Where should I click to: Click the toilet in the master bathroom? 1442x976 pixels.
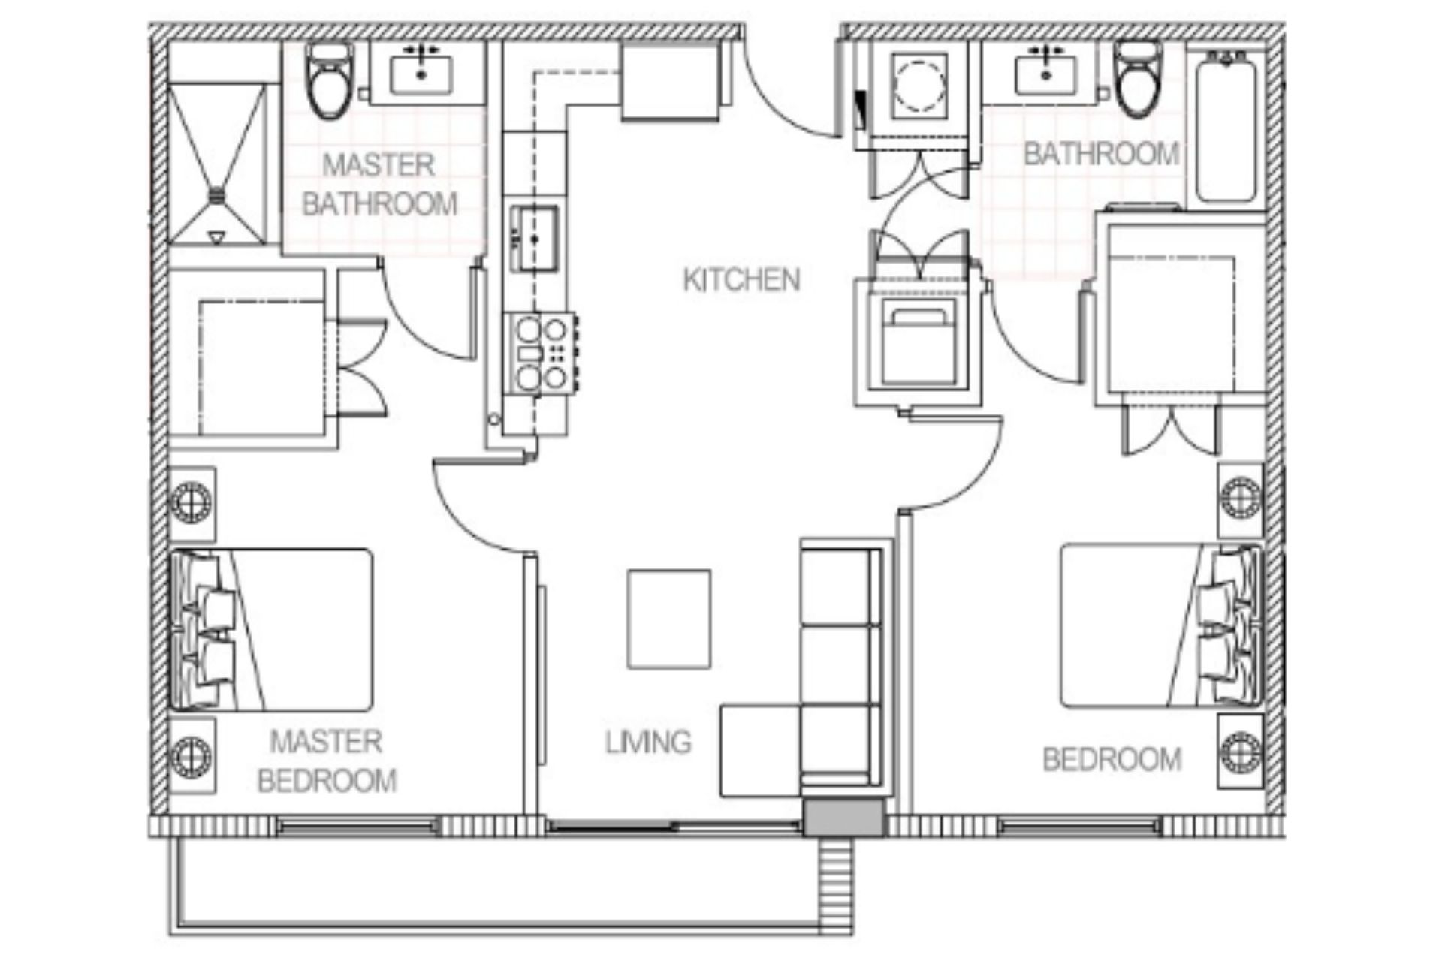(330, 81)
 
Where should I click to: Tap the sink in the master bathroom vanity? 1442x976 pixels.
(421, 73)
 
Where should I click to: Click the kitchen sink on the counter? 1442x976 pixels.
(535, 238)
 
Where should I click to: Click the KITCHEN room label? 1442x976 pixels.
(741, 279)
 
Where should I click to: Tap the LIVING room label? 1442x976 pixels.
(648, 742)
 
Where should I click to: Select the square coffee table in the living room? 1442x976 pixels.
(668, 619)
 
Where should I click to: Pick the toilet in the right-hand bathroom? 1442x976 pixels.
(1138, 79)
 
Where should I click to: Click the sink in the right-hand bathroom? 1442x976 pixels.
(1045, 74)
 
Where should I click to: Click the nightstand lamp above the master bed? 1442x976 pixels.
(192, 502)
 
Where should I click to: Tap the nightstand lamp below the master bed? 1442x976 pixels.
(192, 755)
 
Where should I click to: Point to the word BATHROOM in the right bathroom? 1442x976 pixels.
(1101, 154)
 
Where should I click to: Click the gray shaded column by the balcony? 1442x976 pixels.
(844, 818)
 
